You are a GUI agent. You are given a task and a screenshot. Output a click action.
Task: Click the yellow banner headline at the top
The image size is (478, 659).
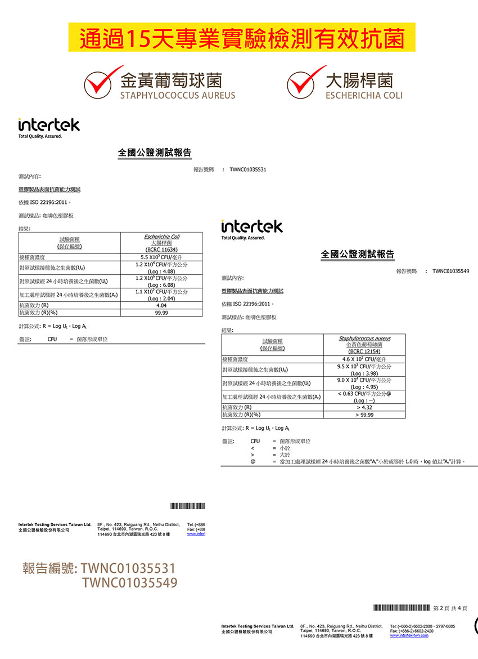[x=242, y=38]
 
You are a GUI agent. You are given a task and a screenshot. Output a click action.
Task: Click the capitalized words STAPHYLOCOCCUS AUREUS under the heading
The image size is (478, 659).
[x=177, y=96]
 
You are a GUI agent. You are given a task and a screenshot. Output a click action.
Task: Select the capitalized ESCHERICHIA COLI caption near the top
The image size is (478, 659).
[x=364, y=96]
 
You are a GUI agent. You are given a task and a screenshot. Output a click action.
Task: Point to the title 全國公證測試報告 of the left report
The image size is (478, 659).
[x=155, y=153]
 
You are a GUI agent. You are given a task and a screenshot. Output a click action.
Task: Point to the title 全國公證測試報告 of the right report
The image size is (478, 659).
[x=358, y=255]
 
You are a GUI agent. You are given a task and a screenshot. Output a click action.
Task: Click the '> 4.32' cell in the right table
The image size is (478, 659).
[x=364, y=407]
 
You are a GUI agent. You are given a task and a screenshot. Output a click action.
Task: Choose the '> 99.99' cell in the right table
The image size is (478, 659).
[x=364, y=415]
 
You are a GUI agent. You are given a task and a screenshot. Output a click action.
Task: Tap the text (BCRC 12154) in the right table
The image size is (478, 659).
[x=364, y=351]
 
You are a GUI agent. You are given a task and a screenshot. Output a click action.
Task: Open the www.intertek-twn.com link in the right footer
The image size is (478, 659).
[x=409, y=636]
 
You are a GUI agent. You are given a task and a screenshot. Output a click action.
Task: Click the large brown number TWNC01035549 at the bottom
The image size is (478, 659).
[x=129, y=582]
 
